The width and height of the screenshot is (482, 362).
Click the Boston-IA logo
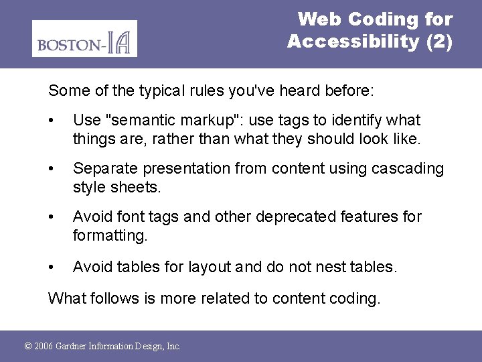click(x=84, y=39)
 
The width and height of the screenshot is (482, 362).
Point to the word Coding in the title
click(x=381, y=19)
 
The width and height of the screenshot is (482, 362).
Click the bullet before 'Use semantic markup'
click(x=52, y=121)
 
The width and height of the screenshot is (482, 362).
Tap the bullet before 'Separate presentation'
click(x=52, y=169)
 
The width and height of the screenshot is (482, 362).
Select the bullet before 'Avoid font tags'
click(x=52, y=217)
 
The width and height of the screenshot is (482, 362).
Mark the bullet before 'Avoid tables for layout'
click(x=52, y=267)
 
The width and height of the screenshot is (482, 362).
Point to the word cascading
click(x=409, y=168)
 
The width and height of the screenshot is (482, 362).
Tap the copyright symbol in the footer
click(x=27, y=347)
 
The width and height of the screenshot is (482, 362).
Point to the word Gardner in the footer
click(x=75, y=347)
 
